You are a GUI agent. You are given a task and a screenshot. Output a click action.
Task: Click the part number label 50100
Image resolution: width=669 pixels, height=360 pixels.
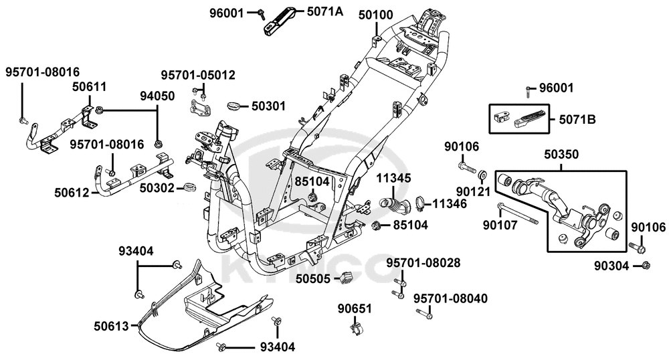(x=376, y=15)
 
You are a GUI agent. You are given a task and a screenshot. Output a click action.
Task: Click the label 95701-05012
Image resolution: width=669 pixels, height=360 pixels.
(x=197, y=75)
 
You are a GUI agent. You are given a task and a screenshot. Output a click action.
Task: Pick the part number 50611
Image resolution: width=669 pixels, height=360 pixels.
(x=90, y=87)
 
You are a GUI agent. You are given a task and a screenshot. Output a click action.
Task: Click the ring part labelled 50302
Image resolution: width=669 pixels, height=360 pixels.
(x=189, y=187)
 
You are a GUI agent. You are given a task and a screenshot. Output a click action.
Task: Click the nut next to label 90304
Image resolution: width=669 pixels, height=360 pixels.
(x=646, y=266)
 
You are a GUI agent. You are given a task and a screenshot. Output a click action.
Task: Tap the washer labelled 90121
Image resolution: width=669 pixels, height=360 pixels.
(x=482, y=176)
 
